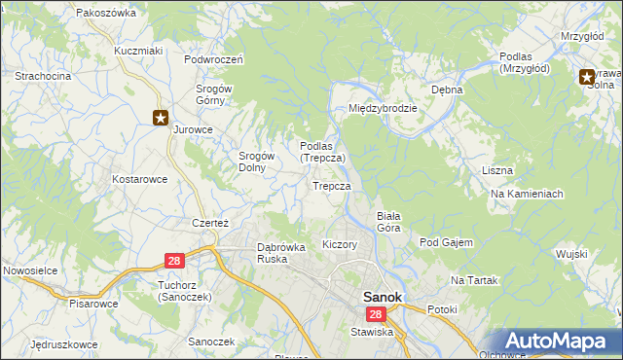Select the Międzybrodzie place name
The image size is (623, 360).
click(x=384, y=108)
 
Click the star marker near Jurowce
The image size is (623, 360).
click(x=161, y=118)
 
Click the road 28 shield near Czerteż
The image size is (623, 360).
click(x=174, y=261)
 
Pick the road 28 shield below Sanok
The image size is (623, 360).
click(x=377, y=314)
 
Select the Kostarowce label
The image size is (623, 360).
click(x=140, y=179)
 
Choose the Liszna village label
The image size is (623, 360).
click(x=496, y=170)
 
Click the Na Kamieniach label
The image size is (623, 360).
click(x=527, y=194)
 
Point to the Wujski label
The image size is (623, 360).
click(x=572, y=254)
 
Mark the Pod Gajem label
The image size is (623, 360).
click(x=446, y=241)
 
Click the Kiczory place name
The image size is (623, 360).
click(x=340, y=244)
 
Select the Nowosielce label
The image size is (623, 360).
click(x=32, y=268)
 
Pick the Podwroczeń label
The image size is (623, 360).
click(x=213, y=58)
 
